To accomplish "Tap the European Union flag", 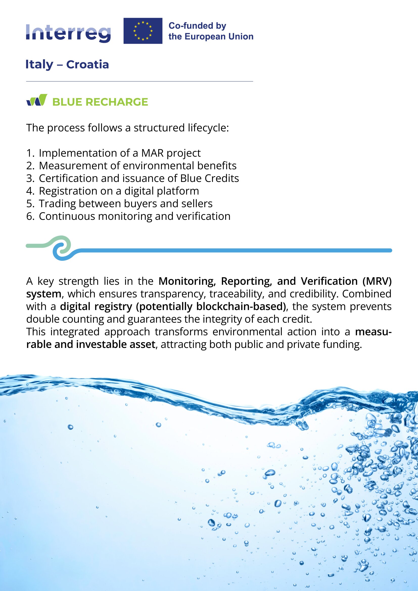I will click(x=143, y=31).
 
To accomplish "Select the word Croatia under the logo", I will click(x=87, y=64).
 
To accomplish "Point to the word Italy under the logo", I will click(x=39, y=64).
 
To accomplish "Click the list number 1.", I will click(x=29, y=153).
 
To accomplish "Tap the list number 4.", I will click(x=29, y=191).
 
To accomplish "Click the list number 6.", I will click(x=29, y=216).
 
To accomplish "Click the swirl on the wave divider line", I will click(x=61, y=248).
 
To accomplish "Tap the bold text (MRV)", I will click(x=377, y=281).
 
